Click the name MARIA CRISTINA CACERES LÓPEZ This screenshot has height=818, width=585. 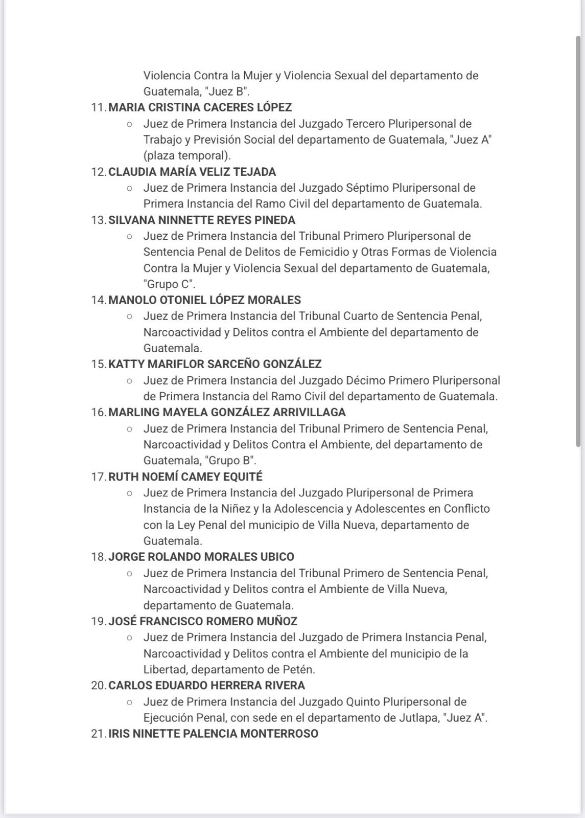(x=200, y=107)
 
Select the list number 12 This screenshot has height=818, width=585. (x=98, y=172)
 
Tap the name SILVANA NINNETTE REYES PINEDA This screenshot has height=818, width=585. (x=202, y=220)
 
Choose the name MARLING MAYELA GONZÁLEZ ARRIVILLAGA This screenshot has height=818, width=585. (x=227, y=412)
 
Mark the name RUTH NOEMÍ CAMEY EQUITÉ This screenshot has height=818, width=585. (x=185, y=476)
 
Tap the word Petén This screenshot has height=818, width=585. (x=297, y=669)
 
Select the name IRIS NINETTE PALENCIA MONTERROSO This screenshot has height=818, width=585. (x=213, y=734)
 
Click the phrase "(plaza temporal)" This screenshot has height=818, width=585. (x=187, y=155)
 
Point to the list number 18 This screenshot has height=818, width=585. (x=98, y=557)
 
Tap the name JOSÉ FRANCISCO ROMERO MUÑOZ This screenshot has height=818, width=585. (x=203, y=621)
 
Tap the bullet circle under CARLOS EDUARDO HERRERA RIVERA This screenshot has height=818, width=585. (x=130, y=702)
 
